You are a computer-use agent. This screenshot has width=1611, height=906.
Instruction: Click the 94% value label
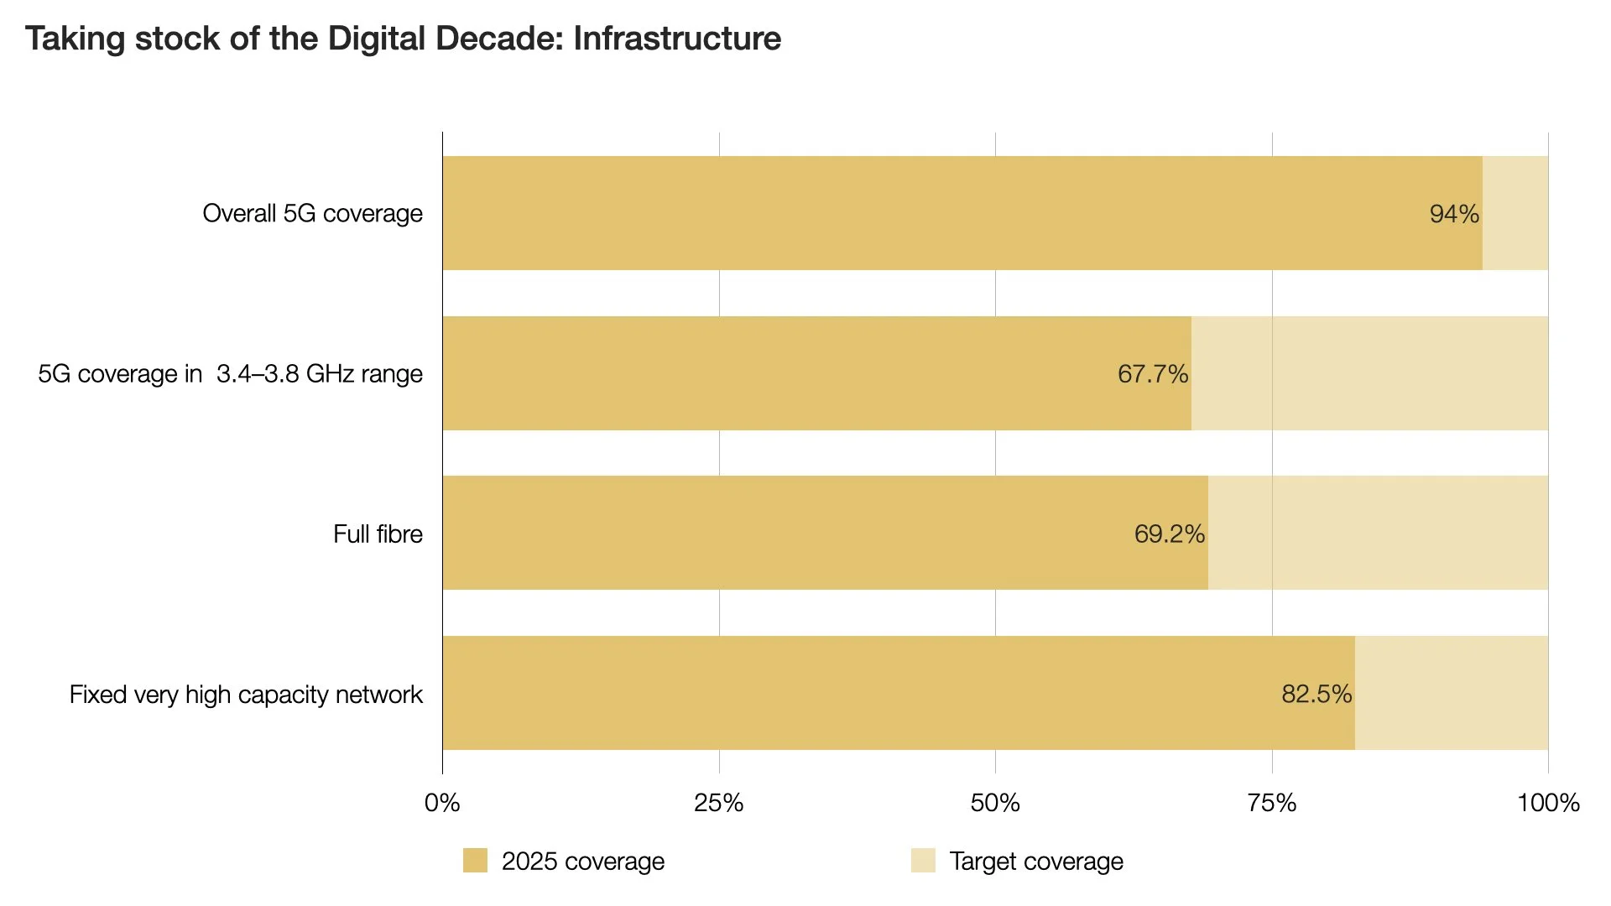pos(1454,214)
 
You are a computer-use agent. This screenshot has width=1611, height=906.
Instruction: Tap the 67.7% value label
pos(1152,374)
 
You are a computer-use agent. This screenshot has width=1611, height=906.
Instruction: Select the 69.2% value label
pos(1169,534)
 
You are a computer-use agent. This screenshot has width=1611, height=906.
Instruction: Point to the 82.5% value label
pos(1316,695)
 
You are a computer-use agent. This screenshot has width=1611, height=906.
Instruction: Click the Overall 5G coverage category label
pos(312,214)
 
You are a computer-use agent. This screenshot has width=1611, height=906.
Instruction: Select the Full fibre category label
pos(378,534)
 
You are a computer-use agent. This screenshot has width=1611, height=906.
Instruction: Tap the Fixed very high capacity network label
pos(246,695)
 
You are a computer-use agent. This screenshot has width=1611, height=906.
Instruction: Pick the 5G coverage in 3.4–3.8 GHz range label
pos(230,374)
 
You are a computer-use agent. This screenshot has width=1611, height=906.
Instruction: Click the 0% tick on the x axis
pos(442,804)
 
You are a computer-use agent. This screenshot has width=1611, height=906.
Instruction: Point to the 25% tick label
pos(718,804)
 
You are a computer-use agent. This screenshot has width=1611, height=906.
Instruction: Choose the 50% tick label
pos(995,804)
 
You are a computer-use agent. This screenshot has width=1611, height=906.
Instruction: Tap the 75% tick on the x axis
pos(1271,804)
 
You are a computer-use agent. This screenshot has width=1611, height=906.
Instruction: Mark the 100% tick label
pos(1548,804)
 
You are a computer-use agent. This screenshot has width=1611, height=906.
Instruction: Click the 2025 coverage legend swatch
pos(475,861)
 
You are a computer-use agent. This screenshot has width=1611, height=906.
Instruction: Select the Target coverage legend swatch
pos(923,861)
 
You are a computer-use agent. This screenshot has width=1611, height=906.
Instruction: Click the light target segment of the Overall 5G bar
pos(1515,213)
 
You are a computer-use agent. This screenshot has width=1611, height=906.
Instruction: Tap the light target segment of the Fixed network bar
pos(1452,693)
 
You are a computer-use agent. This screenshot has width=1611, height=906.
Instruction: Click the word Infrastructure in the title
pos(677,39)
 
